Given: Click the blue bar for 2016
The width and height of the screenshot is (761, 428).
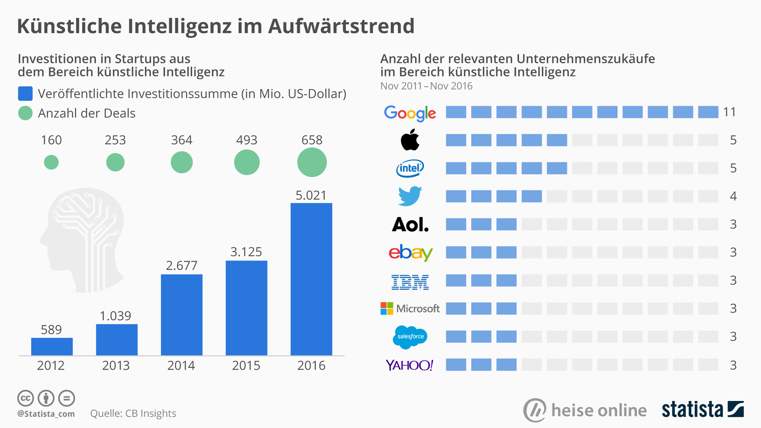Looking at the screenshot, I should coord(311,279).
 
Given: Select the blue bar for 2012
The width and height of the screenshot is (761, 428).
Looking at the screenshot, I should coord(52,347).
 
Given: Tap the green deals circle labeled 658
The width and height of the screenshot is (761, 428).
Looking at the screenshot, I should coord(312,162).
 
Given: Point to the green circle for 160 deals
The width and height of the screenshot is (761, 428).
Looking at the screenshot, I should coord(51,162).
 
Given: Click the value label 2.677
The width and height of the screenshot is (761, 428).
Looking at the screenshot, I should coord(181,265).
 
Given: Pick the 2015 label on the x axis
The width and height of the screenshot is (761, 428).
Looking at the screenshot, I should coord(246,366).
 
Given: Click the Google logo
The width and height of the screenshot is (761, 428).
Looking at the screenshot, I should coord(410,113).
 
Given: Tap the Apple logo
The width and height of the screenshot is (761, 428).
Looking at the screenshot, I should coord(410,140).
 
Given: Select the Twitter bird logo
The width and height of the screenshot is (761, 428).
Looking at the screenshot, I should coord(410,196).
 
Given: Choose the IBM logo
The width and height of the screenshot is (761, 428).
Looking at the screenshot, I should coord(410,282).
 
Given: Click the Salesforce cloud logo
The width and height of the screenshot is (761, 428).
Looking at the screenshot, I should coord(410,337).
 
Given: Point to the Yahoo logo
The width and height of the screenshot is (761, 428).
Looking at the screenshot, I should coord(409,365).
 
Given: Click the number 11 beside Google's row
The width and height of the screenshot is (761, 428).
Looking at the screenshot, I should coord(729,112).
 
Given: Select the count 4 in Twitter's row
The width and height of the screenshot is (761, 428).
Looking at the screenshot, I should coord(733,196).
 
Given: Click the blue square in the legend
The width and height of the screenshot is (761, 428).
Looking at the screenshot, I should coord(25,94).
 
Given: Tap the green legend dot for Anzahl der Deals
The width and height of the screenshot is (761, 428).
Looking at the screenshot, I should coord(25,113).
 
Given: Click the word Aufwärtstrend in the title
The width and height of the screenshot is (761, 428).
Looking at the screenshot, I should coord(341,26).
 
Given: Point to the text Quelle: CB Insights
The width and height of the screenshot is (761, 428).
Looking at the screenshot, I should coord(133,414).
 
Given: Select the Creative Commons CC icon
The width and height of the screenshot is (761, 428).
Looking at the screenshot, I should coord(25,398).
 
